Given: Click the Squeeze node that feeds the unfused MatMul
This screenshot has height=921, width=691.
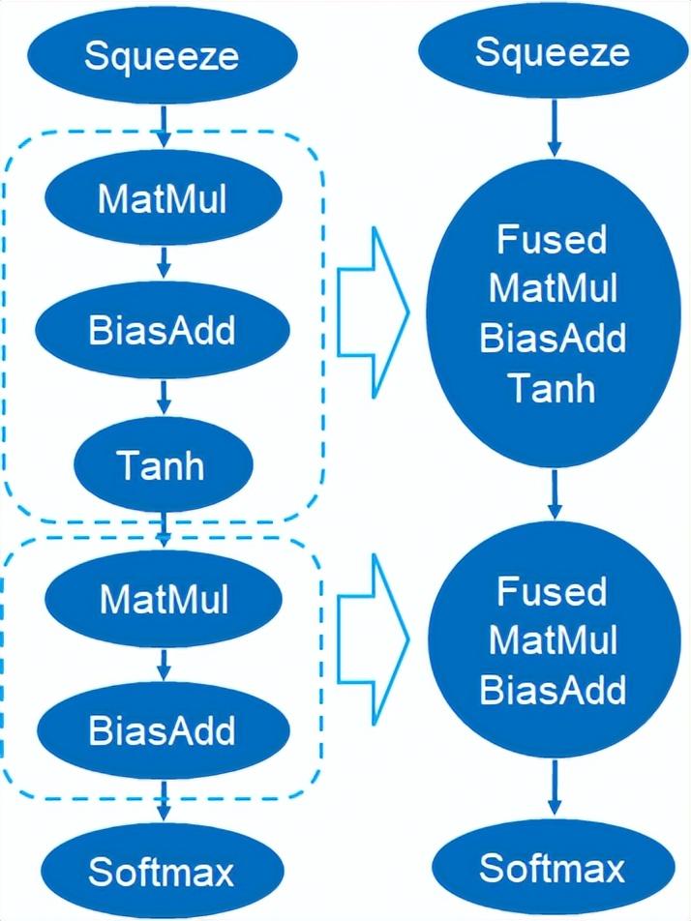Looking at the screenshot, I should click(162, 55).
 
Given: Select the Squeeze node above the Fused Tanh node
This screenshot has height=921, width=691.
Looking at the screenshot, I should click(552, 51).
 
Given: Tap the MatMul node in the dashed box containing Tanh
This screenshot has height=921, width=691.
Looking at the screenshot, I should click(162, 199).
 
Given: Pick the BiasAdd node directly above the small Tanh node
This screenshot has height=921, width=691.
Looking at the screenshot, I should click(162, 331).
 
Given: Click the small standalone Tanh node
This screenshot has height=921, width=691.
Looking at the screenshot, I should click(162, 466).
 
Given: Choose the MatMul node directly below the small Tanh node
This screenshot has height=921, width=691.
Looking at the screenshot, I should click(164, 600).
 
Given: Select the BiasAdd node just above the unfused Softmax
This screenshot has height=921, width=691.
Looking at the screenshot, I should click(162, 730).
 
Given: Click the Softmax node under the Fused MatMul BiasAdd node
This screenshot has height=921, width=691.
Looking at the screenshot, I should click(553, 868).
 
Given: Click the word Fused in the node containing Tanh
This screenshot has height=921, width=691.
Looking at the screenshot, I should click(552, 239).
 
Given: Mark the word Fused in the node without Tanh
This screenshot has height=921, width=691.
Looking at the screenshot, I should click(552, 590).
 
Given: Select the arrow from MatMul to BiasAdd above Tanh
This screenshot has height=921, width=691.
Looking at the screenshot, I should click(163, 263).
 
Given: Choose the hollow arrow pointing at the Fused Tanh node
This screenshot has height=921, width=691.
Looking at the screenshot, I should click(374, 312).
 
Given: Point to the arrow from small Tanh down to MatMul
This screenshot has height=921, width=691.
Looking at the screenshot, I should click(164, 526).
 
